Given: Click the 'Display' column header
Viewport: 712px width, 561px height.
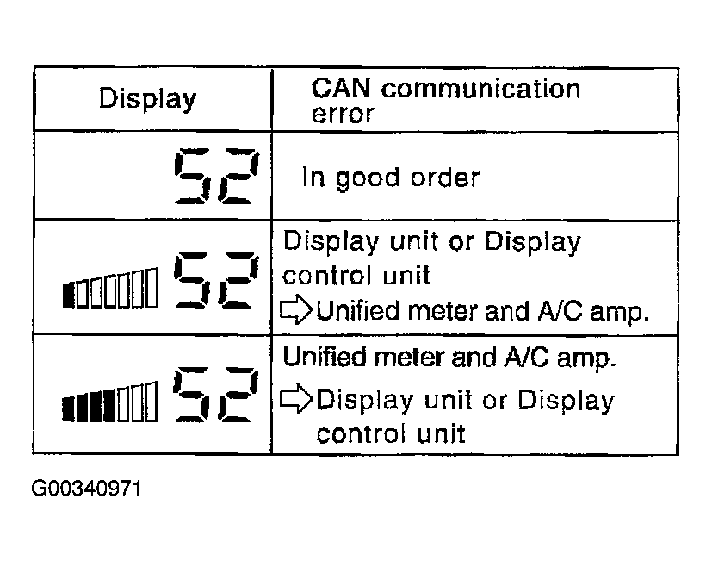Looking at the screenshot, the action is pyautogui.click(x=146, y=99).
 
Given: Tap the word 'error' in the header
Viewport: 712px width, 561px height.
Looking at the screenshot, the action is pyautogui.click(x=343, y=114).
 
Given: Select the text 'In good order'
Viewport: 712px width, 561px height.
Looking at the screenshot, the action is pyautogui.click(x=389, y=178).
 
